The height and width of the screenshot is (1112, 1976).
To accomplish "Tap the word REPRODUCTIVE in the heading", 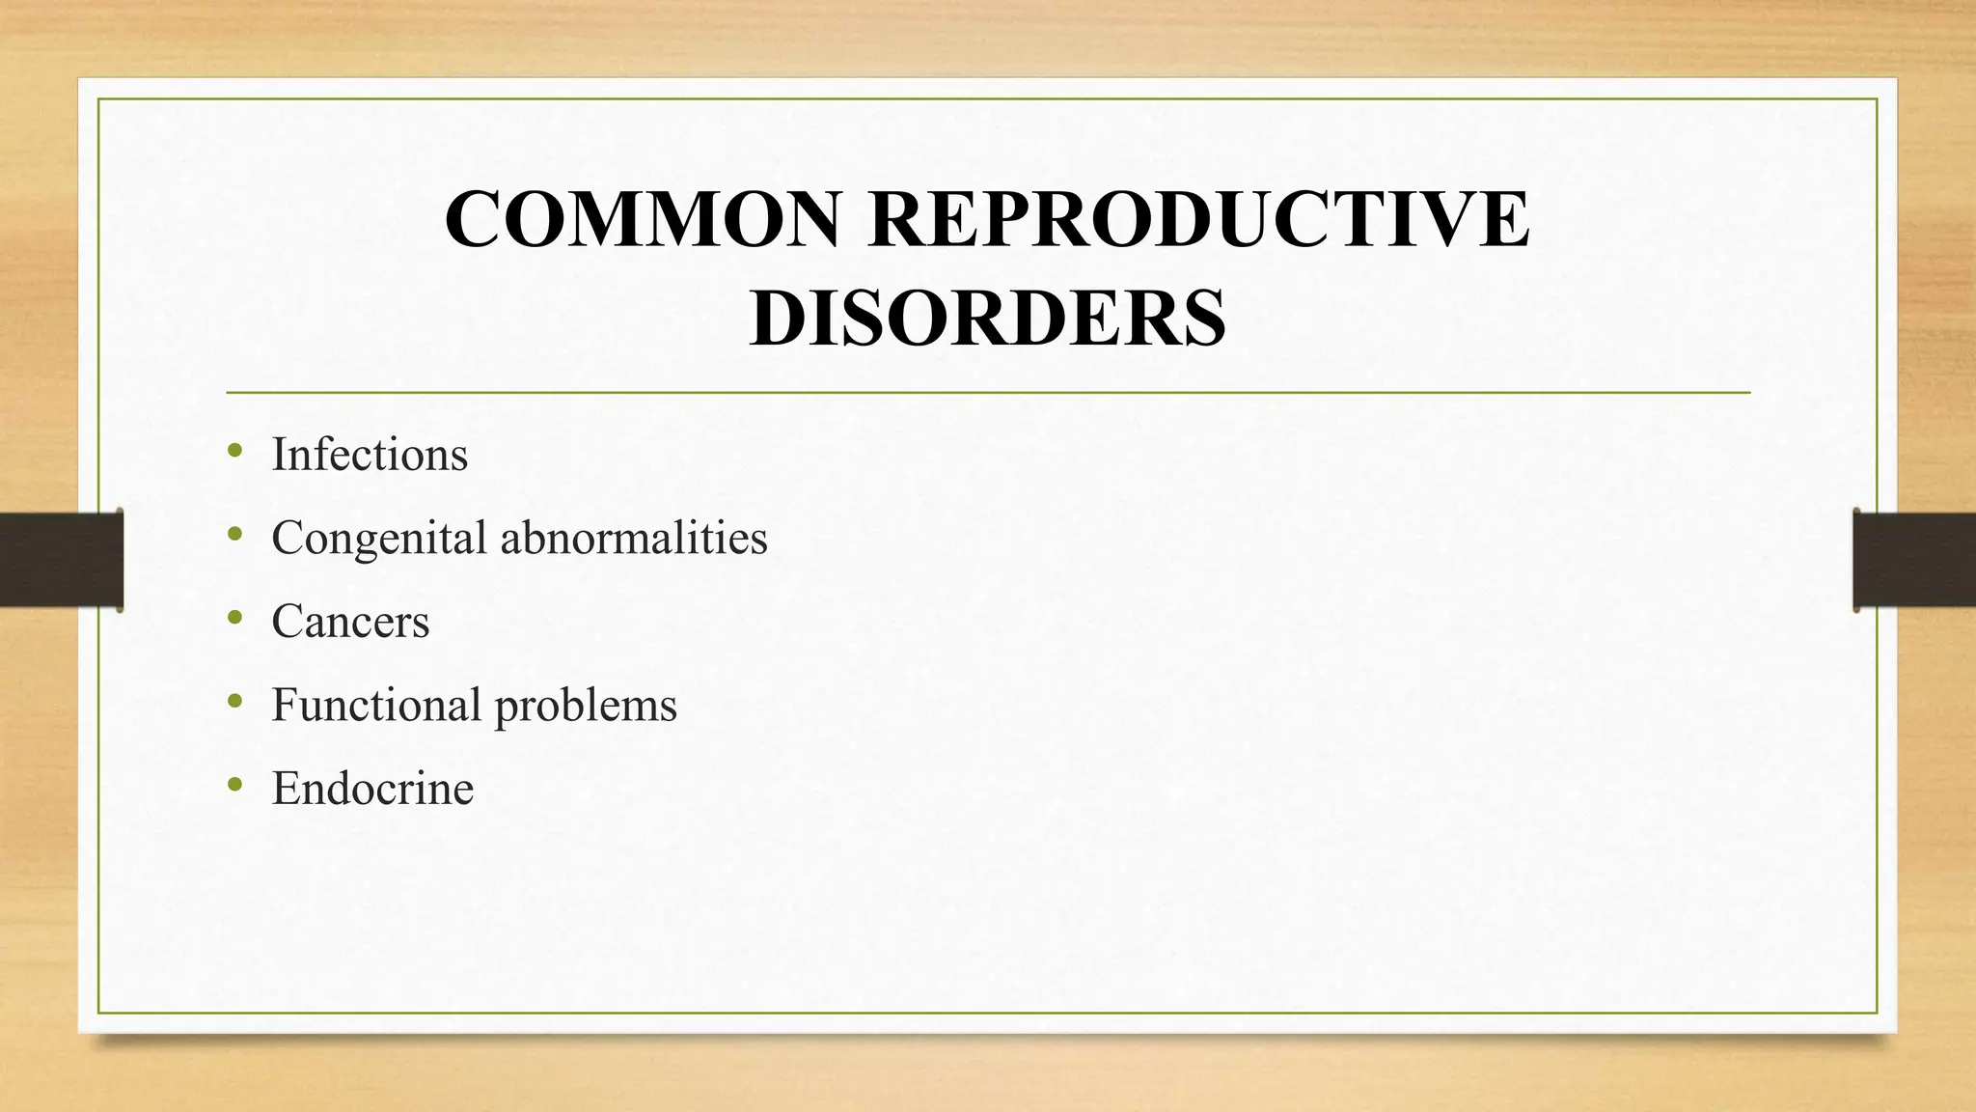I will (1198, 220).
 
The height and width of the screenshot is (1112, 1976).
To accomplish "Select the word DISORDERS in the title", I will (987, 319).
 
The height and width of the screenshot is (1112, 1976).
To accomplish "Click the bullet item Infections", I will (370, 455).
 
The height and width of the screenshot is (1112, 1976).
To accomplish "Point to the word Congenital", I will (378, 539).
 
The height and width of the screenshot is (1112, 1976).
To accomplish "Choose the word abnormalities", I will (634, 538).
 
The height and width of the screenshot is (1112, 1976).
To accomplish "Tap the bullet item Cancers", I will (350, 622).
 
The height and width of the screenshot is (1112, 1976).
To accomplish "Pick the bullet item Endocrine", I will (372, 789).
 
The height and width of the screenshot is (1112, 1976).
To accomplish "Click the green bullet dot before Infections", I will (234, 450).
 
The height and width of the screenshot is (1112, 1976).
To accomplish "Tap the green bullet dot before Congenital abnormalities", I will (234, 533).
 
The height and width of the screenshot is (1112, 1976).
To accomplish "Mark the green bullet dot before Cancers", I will (234, 617).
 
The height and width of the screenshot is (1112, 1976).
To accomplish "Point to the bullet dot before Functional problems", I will (234, 701).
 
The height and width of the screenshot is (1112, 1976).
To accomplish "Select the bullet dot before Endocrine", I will (234, 784).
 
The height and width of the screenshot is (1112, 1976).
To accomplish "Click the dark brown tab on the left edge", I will (61, 560).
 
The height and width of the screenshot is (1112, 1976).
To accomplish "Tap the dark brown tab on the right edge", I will (1914, 560).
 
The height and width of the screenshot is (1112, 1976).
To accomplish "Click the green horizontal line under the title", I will (987, 393).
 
